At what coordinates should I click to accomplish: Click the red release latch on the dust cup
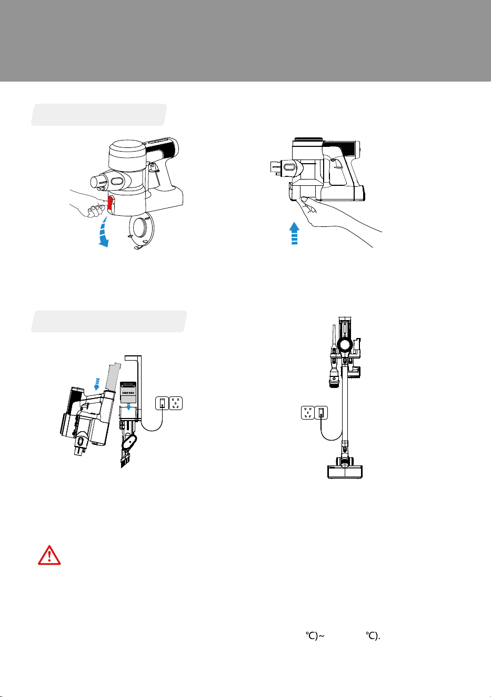point(111,203)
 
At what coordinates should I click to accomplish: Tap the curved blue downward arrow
point(104,232)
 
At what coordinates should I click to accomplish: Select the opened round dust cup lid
point(141,230)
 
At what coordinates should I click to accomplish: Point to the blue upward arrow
point(294,233)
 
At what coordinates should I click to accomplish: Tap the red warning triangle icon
point(49,555)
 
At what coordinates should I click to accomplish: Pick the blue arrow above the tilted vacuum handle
point(97,384)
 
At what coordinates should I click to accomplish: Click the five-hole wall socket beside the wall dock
point(175,403)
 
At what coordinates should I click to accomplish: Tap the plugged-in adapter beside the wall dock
point(162,403)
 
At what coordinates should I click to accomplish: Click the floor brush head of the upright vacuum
point(345,471)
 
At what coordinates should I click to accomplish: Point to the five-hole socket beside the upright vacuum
point(308,413)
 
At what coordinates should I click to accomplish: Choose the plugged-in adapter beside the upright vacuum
point(321,413)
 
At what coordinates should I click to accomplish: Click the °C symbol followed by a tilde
point(315,636)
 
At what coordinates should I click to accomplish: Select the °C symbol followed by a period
point(373,636)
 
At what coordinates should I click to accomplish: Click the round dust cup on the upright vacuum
point(345,345)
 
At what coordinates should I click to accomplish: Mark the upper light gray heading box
point(99,115)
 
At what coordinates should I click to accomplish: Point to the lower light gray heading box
point(109,321)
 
